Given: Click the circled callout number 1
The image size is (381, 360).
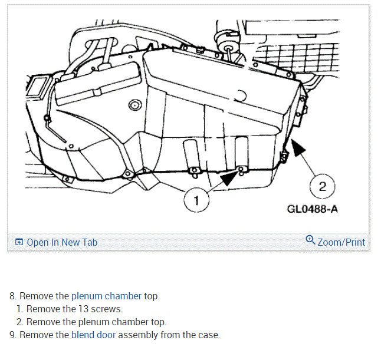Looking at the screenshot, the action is pyautogui.click(x=196, y=200).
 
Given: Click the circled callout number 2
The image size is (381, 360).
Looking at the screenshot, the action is pyautogui.click(x=322, y=186).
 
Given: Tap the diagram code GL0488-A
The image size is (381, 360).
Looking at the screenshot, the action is pyautogui.click(x=312, y=209).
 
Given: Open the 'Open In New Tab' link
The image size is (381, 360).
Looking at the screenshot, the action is pyautogui.click(x=62, y=242).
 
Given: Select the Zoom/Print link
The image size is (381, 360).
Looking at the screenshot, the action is pyautogui.click(x=341, y=242).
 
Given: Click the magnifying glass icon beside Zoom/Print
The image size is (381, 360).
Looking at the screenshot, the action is pyautogui.click(x=310, y=240).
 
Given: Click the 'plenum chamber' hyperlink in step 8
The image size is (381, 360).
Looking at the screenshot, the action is pyautogui.click(x=106, y=296).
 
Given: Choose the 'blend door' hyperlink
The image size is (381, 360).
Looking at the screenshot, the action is pyautogui.click(x=93, y=335).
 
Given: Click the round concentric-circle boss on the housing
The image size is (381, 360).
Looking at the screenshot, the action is pyautogui.click(x=135, y=105).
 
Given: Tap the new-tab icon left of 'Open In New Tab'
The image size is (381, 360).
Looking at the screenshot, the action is pyautogui.click(x=19, y=242).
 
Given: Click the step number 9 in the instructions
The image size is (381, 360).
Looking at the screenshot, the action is pyautogui.click(x=13, y=335).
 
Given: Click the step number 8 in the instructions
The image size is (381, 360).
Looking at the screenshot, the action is pyautogui.click(x=13, y=296).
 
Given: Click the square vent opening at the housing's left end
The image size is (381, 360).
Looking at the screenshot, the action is pyautogui.click(x=38, y=87).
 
